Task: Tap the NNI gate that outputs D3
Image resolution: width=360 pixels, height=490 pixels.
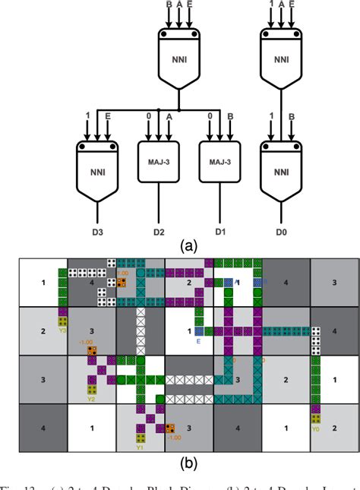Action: [97, 169]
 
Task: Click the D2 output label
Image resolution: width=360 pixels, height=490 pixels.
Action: [158, 231]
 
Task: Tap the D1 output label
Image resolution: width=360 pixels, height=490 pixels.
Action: [219, 231]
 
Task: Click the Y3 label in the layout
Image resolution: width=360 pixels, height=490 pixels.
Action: [63, 330]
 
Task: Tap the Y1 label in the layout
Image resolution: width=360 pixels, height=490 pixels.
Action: [140, 447]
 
